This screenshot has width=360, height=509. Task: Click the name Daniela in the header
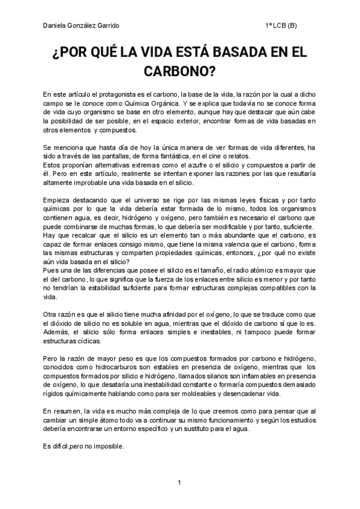coord(54,26)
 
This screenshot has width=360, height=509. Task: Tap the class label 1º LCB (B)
coord(281,26)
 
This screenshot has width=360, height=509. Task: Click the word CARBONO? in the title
coord(179,71)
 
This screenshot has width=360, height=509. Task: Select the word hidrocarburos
coord(125,366)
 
